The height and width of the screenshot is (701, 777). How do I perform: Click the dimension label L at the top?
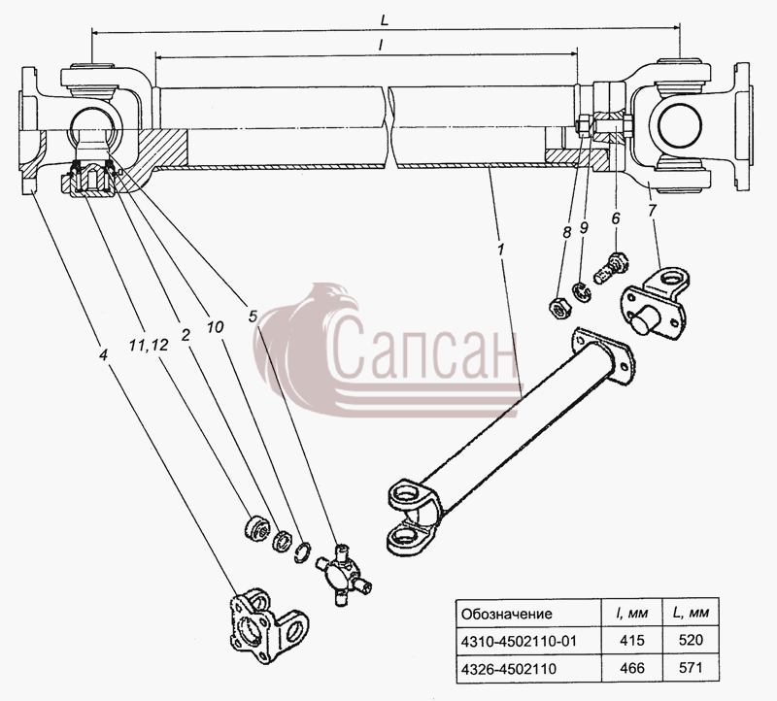point(385,20)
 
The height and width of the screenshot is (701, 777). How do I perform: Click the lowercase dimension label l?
point(380,45)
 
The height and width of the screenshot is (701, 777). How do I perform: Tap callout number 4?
point(103,354)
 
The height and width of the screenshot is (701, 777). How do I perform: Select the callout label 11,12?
point(149,345)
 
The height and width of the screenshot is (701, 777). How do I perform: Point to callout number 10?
point(215,326)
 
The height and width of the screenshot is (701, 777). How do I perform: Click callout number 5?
point(253,317)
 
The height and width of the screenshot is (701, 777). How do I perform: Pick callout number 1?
point(500,250)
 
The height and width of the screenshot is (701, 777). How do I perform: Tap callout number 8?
point(567,232)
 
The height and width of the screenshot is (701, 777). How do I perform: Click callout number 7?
point(652,210)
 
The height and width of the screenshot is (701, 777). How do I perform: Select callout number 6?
point(616,218)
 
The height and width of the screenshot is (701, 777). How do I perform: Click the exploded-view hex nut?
point(560,308)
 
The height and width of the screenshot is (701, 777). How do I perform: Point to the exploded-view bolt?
point(612,268)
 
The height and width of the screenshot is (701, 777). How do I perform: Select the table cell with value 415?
point(632,640)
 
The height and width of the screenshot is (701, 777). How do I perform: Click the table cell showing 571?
point(691,668)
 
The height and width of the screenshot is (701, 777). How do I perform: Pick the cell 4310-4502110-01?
point(519,641)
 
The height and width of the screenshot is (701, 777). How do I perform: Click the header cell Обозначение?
point(506,614)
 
